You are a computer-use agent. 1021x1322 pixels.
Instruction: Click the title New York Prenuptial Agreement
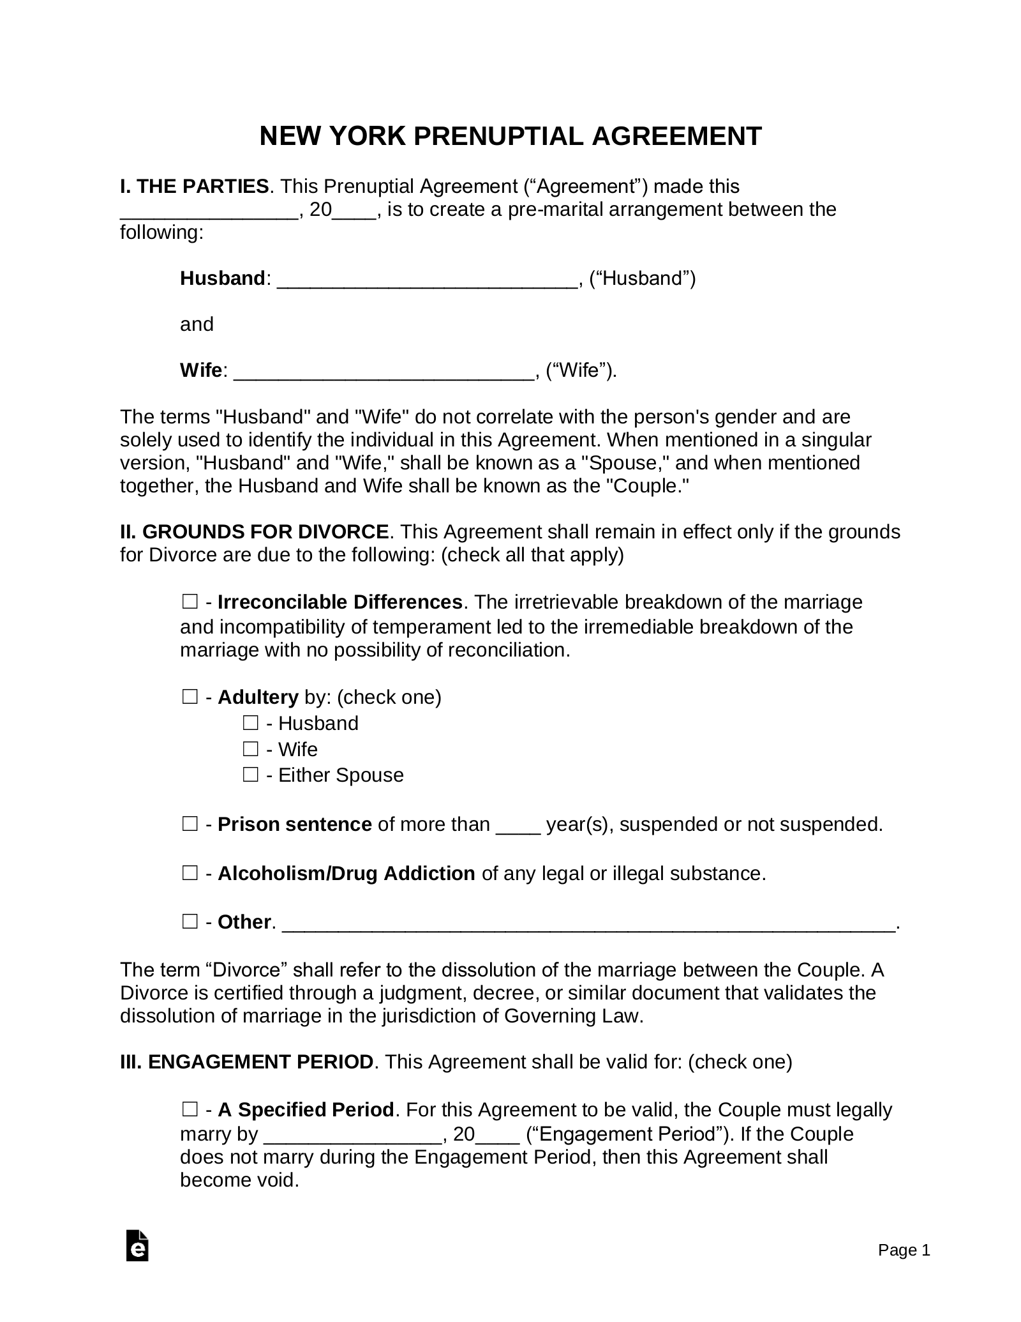click(511, 137)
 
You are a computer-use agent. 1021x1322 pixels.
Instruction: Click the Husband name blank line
click(428, 280)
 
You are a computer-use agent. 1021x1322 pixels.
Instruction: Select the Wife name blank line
click(384, 372)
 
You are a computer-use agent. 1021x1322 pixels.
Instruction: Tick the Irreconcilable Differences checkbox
click(190, 602)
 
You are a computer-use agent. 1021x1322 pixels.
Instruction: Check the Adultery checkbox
click(190, 697)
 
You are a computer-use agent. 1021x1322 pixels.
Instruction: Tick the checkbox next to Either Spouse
click(250, 775)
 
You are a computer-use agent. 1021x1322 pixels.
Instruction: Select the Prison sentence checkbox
click(190, 824)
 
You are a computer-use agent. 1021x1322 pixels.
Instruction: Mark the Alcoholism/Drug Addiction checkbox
click(190, 873)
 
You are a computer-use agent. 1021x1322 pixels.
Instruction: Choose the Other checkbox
click(190, 922)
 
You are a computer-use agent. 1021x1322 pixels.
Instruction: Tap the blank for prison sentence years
click(518, 826)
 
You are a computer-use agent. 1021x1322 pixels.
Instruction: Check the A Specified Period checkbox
click(190, 1110)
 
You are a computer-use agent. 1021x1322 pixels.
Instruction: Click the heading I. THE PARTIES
click(195, 186)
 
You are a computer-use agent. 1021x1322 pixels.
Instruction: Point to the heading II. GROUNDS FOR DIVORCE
click(255, 532)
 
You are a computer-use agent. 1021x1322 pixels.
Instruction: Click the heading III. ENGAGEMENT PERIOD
click(247, 1061)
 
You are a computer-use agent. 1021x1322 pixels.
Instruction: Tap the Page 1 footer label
click(904, 1268)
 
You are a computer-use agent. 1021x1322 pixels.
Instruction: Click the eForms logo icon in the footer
click(138, 1263)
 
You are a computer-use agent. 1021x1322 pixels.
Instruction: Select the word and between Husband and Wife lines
click(197, 324)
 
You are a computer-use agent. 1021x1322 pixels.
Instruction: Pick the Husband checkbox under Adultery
click(250, 724)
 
